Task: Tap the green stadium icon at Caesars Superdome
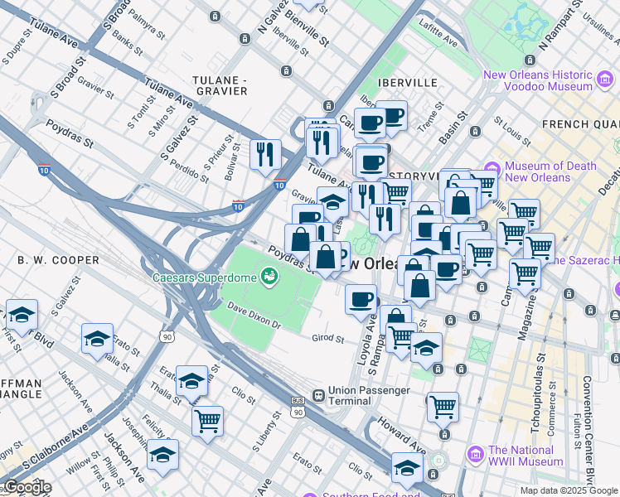tap(268, 276)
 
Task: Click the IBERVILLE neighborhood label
tap(406, 83)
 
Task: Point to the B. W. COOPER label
tap(53, 259)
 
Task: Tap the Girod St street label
tap(328, 338)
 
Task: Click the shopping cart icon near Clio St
tap(207, 418)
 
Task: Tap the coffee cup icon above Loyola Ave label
tap(361, 298)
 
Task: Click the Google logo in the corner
tap(27, 487)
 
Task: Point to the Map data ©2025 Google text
tap(569, 490)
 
